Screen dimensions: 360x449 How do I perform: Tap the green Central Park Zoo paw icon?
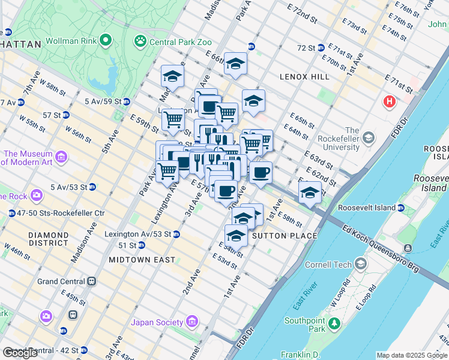click(x=140, y=41)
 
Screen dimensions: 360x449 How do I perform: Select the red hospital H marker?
click(x=390, y=101)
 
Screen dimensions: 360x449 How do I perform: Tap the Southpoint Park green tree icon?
click(x=334, y=325)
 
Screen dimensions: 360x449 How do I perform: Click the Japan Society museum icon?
click(x=193, y=322)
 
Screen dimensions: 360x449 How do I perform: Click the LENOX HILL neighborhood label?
click(x=304, y=77)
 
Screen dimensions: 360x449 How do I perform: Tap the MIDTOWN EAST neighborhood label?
click(x=142, y=260)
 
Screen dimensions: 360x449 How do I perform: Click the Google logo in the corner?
click(x=20, y=353)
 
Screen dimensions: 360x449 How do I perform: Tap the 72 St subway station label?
click(x=306, y=47)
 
